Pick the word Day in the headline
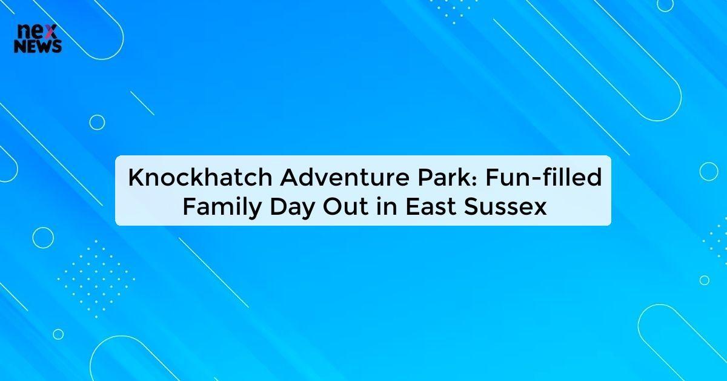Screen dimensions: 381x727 [285, 207]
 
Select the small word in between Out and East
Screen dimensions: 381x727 [381, 207]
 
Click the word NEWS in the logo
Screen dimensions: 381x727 [38, 47]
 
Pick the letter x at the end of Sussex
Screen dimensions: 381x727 [540, 209]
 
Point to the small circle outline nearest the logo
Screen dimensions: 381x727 [97, 123]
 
